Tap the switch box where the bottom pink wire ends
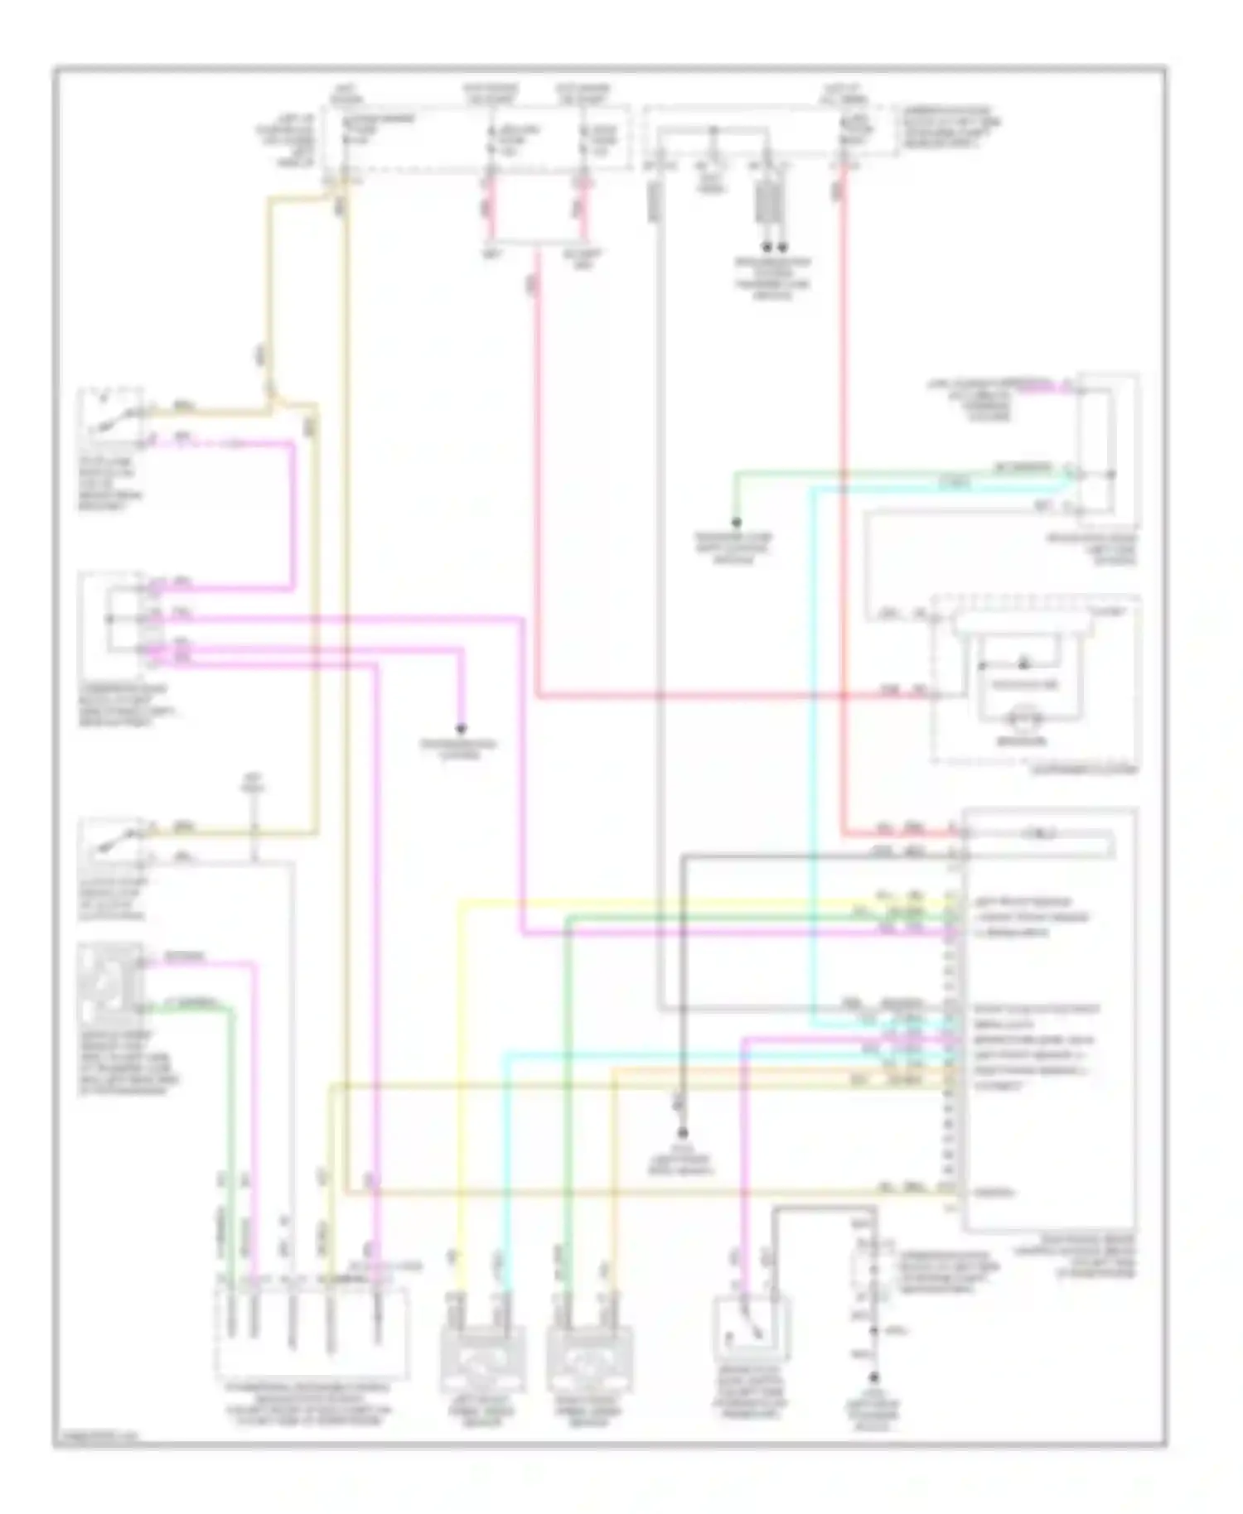[751, 1332]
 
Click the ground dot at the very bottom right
[873, 1379]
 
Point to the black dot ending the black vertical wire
[683, 1132]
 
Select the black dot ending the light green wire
[735, 523]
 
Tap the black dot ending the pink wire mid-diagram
[461, 729]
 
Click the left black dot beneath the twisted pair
[766, 247]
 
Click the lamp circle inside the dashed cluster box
[1023, 721]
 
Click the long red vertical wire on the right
[843, 497]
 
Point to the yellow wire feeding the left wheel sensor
[460, 1077]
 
